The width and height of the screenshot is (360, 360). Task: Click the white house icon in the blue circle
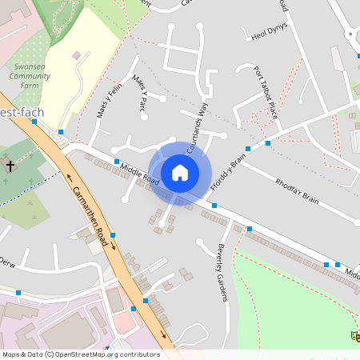coord(180,172)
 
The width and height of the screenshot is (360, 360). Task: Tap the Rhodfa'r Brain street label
coord(297,190)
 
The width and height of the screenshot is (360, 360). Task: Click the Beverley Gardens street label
coord(223,272)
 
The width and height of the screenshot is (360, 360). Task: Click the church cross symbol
coord(10,167)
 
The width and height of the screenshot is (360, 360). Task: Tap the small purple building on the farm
coord(76,55)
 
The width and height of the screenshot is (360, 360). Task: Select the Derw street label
coord(7,262)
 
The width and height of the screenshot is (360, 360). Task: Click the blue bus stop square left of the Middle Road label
coord(117,162)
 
